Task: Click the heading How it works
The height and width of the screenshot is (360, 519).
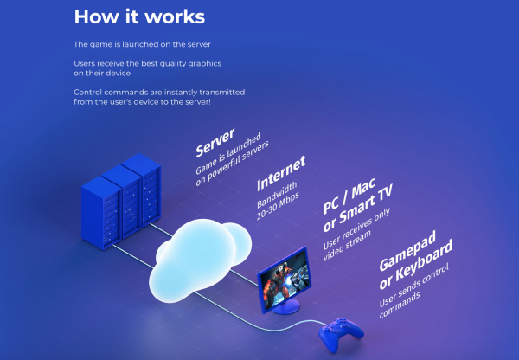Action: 128,16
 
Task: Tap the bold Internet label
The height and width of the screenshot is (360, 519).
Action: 280,173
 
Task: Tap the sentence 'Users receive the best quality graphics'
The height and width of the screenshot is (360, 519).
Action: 134,62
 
